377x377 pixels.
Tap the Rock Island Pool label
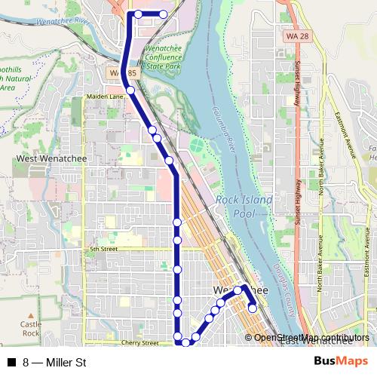(237, 207)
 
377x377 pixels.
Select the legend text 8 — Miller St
(55, 363)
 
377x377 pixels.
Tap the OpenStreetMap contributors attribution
(311, 338)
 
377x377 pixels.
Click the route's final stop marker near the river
(253, 307)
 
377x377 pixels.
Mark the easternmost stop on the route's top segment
(164, 14)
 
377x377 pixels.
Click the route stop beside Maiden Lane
(130, 90)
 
